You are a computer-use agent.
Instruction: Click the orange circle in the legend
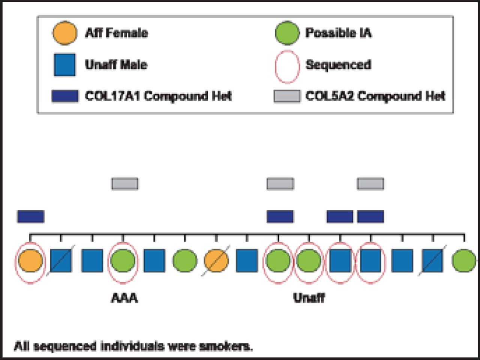[x=64, y=33]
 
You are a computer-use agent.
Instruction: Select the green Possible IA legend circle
[x=287, y=33]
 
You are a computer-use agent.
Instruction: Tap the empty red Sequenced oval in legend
[x=287, y=66]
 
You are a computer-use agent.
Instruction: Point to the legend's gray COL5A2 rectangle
[x=287, y=96]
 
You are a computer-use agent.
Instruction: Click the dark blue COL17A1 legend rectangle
[x=65, y=96]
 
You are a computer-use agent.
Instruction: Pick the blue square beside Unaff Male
[x=64, y=64]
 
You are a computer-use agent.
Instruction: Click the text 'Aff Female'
[x=116, y=33]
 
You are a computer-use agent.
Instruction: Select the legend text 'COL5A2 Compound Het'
[x=375, y=96]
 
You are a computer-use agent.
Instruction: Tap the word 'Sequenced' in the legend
[x=338, y=65]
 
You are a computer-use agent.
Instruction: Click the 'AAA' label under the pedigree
[x=124, y=298]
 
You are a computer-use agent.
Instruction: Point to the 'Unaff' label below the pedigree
[x=309, y=298]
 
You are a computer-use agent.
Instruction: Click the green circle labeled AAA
[x=123, y=261]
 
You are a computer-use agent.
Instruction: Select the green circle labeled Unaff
[x=309, y=261]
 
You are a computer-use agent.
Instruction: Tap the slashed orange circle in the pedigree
[x=216, y=261]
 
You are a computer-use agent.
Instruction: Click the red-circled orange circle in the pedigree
[x=30, y=261]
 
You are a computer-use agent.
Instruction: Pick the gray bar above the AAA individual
[x=125, y=184]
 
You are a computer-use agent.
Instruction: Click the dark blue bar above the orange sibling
[x=30, y=216]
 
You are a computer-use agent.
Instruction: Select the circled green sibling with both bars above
[x=278, y=261]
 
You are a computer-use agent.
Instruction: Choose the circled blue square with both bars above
[x=370, y=261]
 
